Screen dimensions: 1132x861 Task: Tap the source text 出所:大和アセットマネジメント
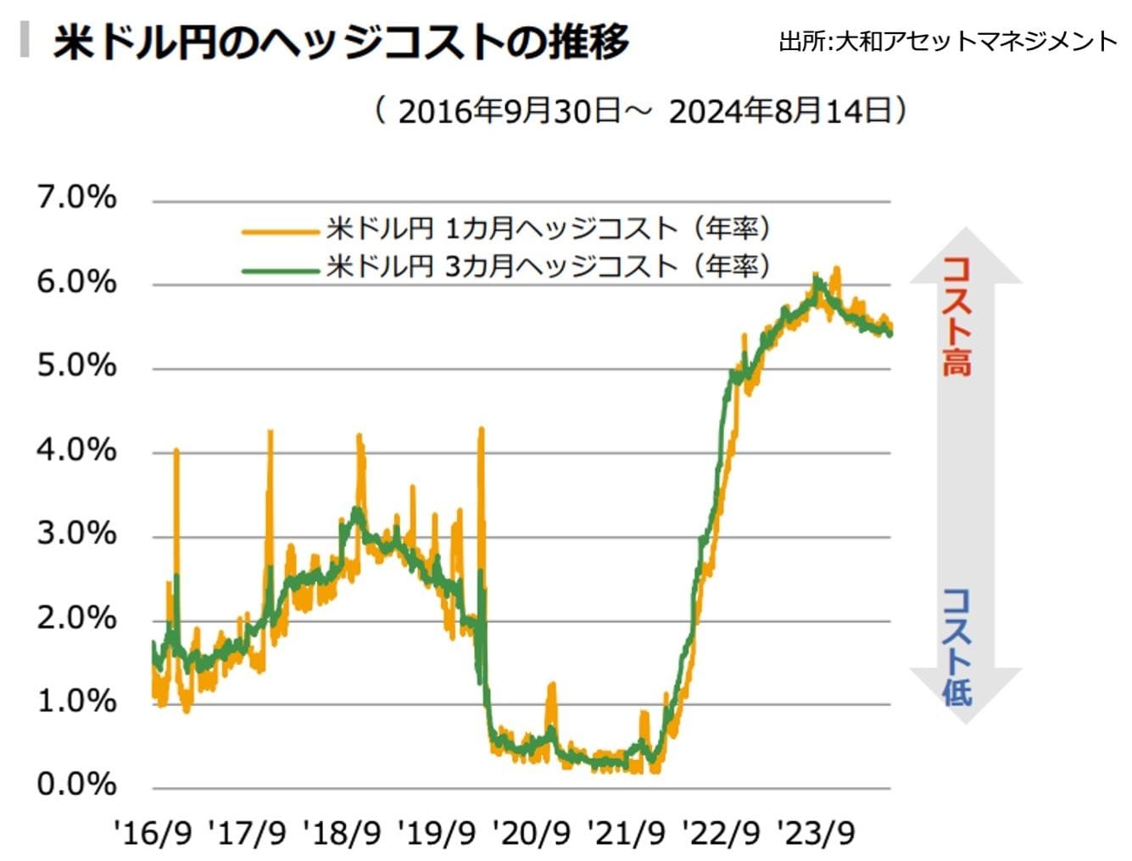point(948,41)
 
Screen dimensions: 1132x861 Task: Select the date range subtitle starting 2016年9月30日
point(642,111)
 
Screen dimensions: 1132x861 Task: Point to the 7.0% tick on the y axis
point(76,198)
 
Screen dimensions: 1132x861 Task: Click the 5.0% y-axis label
point(76,366)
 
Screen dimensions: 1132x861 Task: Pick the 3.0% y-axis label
point(76,534)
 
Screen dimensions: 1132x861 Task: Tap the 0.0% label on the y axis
point(76,784)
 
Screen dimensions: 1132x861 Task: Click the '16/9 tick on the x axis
point(153,834)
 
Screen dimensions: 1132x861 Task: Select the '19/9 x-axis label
point(438,834)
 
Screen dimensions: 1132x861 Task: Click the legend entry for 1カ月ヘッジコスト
point(548,228)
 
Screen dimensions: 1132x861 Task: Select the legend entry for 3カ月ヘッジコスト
point(548,266)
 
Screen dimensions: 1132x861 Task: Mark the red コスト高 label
point(956,316)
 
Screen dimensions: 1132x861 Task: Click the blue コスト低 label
point(956,647)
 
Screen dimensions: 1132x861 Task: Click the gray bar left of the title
point(25,40)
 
